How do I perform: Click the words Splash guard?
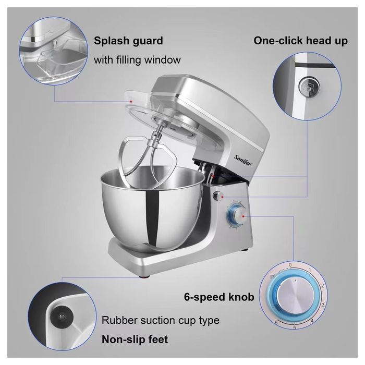coord(128,41)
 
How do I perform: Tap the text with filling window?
coord(137,60)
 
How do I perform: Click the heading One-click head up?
coord(301,41)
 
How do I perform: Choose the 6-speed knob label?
coord(219,297)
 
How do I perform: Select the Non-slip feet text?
coord(135,339)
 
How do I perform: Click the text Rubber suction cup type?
coord(161,320)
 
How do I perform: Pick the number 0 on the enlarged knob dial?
coord(290,265)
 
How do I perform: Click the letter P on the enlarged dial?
coord(272,273)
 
